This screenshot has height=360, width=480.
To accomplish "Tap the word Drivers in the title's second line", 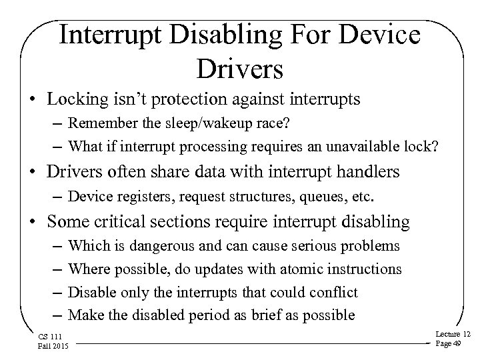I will click(240, 67).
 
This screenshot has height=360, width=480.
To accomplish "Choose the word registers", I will click(125, 197).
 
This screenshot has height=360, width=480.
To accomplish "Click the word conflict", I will click(335, 292).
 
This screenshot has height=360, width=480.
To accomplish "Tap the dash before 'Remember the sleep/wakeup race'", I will click(58, 124).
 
